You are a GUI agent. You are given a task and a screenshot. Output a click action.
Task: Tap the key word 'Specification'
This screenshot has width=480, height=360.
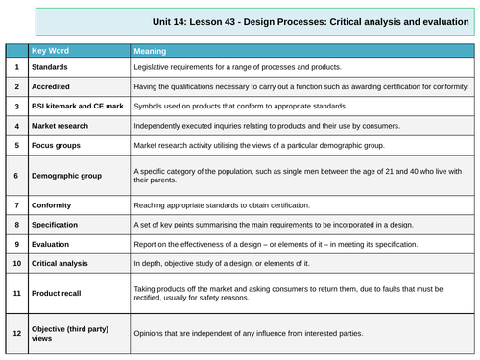(x=60, y=226)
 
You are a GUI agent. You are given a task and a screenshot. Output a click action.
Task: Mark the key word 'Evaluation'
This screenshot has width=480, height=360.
(x=56, y=244)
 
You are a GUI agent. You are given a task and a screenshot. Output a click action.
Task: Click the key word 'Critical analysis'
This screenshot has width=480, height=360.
(x=65, y=262)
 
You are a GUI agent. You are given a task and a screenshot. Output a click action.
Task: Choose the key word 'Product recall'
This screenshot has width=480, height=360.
(x=61, y=292)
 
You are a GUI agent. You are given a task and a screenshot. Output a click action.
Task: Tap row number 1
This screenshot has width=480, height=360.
(x=16, y=67)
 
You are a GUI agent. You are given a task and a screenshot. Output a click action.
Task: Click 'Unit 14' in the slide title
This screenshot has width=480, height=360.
(x=172, y=19)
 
